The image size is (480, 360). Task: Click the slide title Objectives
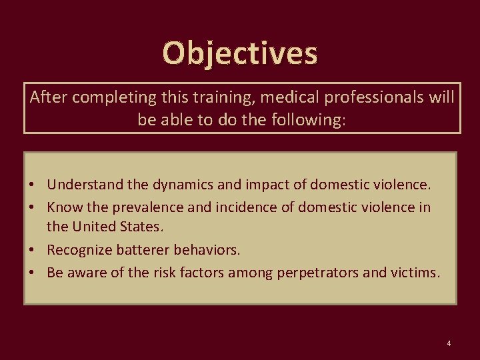[240, 53]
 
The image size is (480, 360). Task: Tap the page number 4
[449, 343]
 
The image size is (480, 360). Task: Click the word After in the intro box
[49, 98]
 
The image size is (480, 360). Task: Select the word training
[221, 98]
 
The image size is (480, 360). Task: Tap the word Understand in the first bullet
[82, 183]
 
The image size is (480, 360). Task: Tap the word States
[141, 227]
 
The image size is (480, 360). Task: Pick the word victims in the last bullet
[415, 273]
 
